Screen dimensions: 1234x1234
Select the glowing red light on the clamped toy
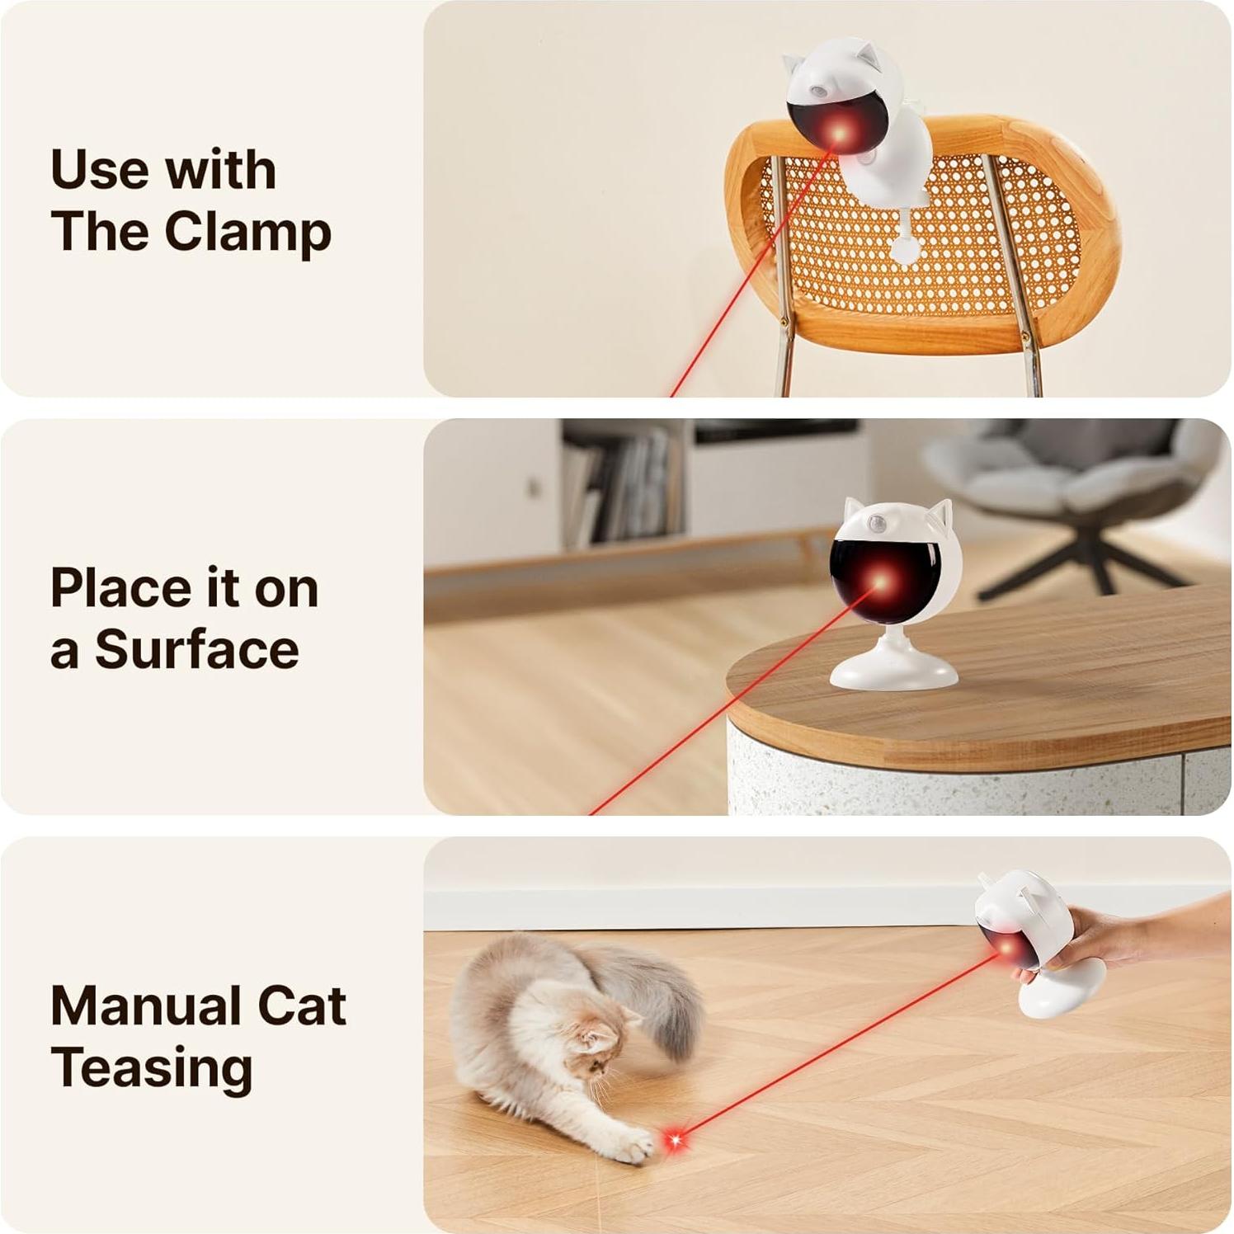(840, 132)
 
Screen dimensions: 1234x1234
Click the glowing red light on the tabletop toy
(878, 584)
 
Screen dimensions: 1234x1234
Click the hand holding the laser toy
(1105, 940)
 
